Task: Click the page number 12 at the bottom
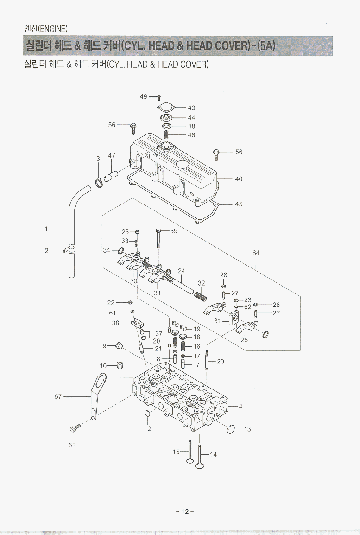click(185, 511)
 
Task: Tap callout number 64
click(256, 253)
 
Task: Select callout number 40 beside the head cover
click(239, 179)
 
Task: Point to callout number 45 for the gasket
click(239, 204)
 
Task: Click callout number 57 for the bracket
click(58, 396)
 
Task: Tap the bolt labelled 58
click(74, 428)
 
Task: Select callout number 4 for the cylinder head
click(240, 407)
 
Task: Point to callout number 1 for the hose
click(46, 229)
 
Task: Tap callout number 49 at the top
click(143, 96)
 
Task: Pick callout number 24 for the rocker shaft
click(181, 271)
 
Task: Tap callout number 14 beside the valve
click(213, 454)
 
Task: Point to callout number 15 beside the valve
click(176, 452)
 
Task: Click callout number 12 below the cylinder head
click(147, 429)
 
